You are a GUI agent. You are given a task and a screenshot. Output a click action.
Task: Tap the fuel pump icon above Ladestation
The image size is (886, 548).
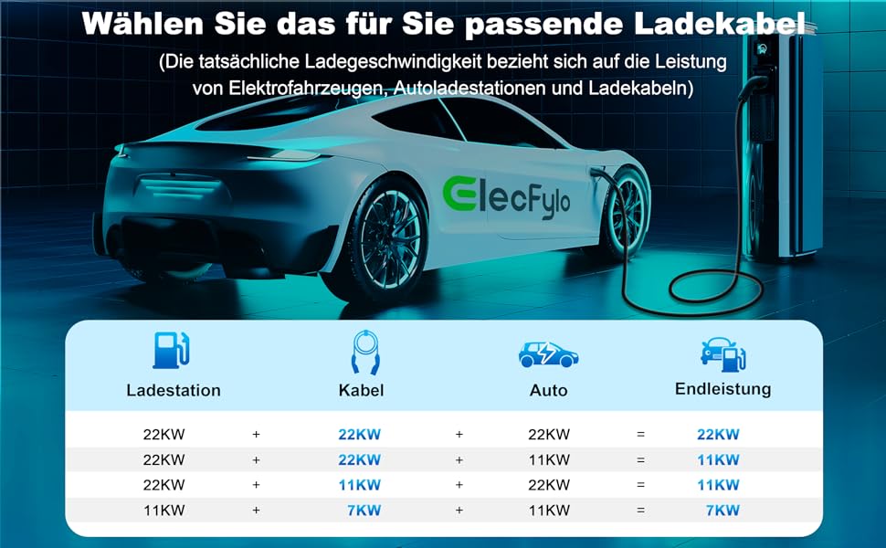tap(172, 351)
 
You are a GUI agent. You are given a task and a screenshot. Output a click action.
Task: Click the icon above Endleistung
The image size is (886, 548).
tap(723, 353)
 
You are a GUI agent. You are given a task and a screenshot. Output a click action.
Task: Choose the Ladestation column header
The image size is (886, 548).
tap(174, 390)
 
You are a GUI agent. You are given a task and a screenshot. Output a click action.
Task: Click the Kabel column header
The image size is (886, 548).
tap(361, 390)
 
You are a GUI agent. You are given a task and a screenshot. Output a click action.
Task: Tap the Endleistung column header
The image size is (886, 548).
tap(723, 389)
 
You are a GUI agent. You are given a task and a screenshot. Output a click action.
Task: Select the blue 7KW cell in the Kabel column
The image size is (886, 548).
tap(363, 511)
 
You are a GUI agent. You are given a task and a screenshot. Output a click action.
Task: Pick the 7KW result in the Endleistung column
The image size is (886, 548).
tap(722, 511)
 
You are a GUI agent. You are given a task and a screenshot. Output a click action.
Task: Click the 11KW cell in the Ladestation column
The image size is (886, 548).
tap(163, 511)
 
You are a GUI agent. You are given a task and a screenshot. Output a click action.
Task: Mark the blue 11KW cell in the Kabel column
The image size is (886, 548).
tap(359, 485)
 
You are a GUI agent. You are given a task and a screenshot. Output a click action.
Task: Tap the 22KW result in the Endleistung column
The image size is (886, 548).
tap(718, 434)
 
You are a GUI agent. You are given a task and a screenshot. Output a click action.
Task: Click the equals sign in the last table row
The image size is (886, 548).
tap(641, 511)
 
